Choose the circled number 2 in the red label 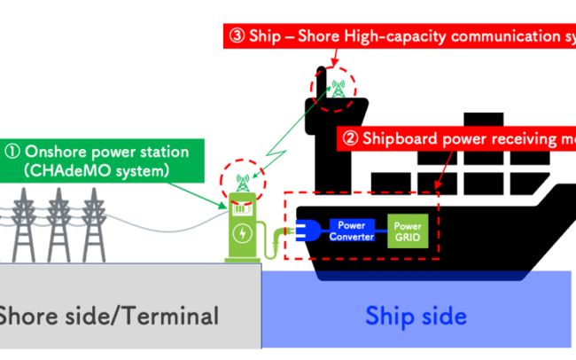pos(350,138)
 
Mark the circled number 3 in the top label pos(237,36)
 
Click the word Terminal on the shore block pos(173,315)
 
